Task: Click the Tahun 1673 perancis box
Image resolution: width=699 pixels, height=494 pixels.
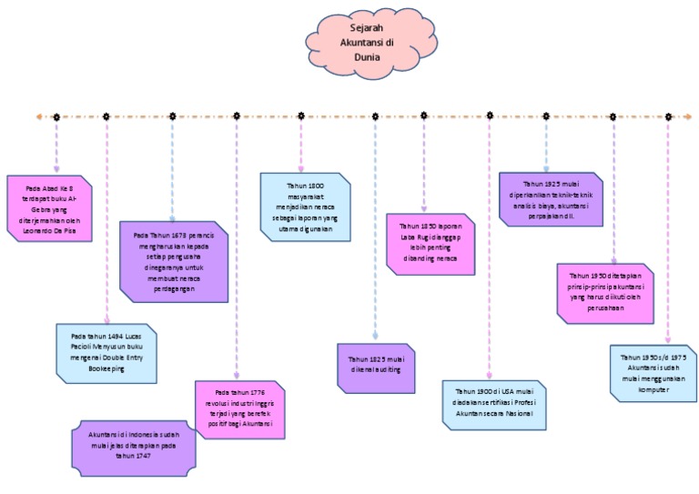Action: click(174, 260)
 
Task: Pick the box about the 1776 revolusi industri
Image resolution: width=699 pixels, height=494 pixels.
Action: click(238, 410)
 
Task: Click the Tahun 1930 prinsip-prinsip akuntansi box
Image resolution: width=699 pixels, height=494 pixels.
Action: click(606, 292)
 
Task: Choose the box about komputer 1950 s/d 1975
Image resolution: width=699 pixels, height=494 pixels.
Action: click(653, 373)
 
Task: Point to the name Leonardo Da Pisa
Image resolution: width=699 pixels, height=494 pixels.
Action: click(51, 230)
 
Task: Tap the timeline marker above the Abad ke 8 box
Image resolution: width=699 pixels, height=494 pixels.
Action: click(56, 116)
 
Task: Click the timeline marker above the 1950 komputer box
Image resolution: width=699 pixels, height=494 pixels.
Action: click(668, 116)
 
